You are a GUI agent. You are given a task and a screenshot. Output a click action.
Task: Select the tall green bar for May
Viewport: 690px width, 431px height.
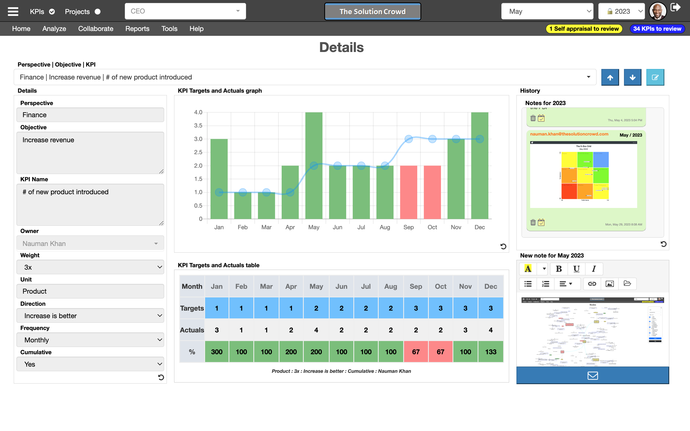click(x=314, y=165)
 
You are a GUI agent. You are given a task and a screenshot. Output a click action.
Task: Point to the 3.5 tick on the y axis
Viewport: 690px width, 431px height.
click(x=198, y=126)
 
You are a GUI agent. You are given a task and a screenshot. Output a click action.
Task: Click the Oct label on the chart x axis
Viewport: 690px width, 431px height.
click(x=432, y=227)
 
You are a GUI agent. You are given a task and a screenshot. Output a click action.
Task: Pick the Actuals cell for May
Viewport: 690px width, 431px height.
click(x=316, y=330)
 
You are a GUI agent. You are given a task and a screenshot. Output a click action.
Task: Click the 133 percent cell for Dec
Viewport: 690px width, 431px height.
click(x=491, y=352)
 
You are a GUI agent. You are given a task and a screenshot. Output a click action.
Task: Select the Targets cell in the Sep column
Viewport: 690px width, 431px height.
click(x=416, y=308)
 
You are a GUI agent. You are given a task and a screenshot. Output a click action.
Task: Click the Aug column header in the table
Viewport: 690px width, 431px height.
click(x=390, y=286)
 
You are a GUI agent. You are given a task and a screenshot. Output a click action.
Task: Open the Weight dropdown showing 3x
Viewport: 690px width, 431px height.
click(x=90, y=267)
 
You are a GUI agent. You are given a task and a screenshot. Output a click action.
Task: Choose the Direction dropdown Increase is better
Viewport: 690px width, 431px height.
click(x=90, y=315)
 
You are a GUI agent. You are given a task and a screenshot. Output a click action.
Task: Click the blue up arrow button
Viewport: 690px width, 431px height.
click(x=610, y=77)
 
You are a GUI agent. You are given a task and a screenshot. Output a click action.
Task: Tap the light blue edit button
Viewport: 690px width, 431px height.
click(x=655, y=77)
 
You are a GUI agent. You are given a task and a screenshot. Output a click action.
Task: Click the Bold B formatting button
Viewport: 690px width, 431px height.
click(x=558, y=269)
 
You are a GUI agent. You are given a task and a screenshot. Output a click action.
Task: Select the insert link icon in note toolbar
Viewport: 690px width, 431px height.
click(x=592, y=284)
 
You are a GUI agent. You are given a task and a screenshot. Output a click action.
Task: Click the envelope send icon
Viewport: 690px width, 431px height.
click(x=592, y=376)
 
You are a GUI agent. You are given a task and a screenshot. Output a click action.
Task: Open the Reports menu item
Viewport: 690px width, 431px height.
click(x=137, y=29)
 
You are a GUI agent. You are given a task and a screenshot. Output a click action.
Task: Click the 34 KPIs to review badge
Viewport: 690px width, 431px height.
click(x=657, y=29)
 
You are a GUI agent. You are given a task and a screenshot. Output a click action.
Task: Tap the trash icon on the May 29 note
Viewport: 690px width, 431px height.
click(x=533, y=222)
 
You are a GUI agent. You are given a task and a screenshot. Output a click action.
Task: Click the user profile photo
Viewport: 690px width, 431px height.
click(x=657, y=11)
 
